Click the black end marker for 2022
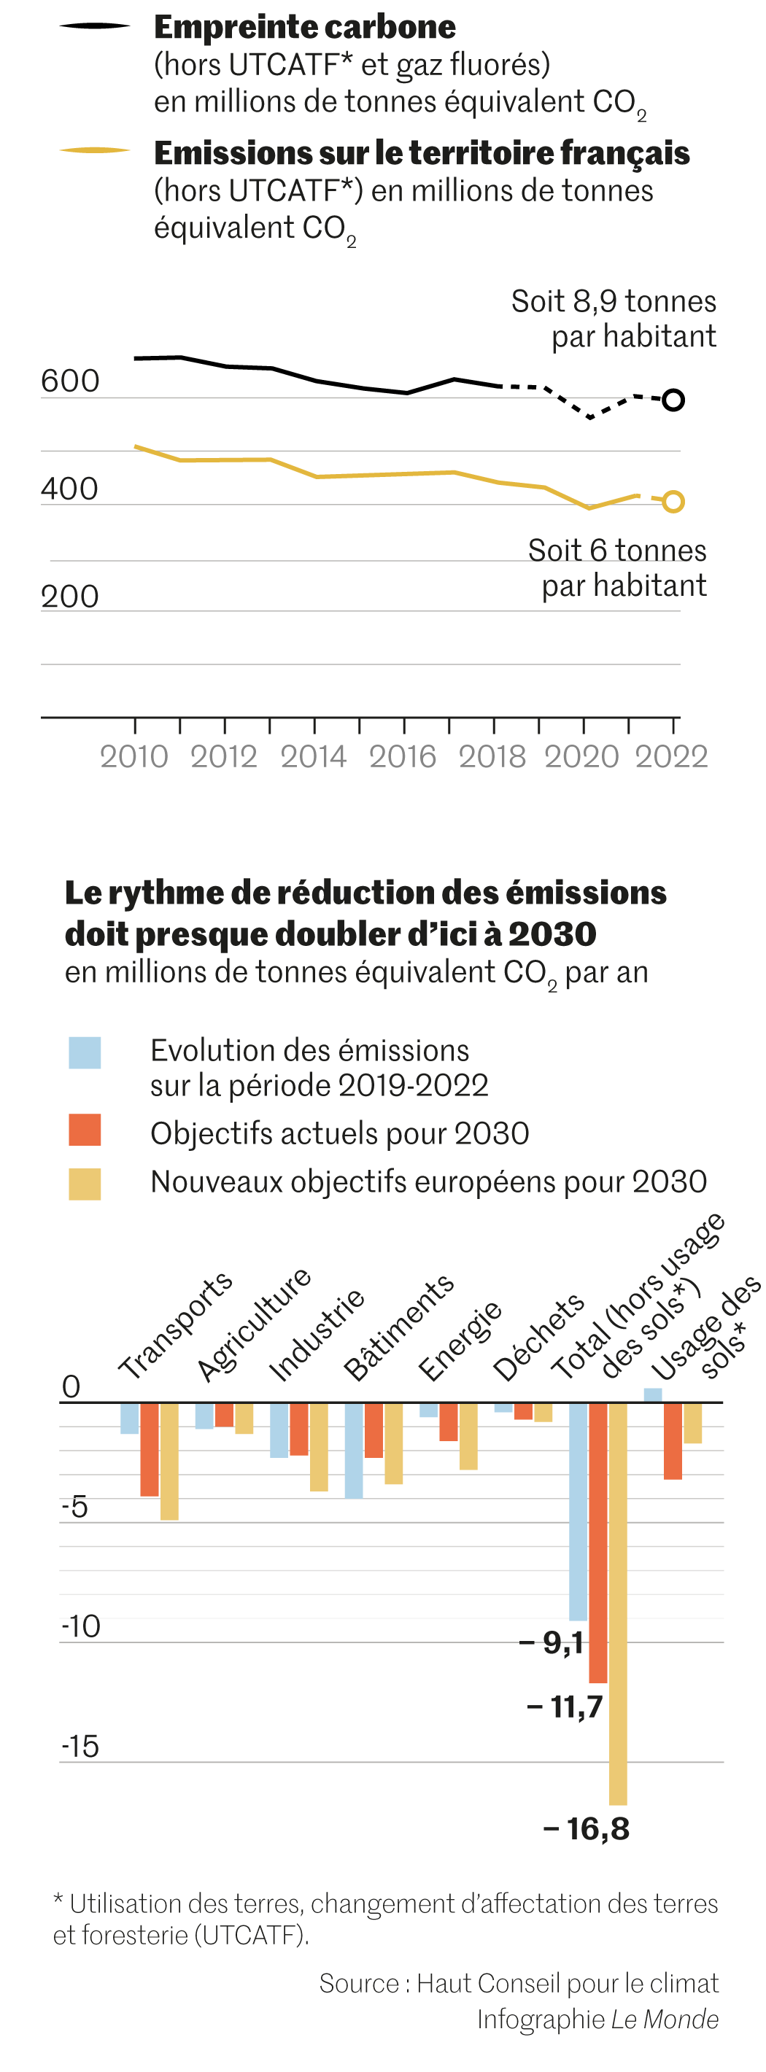click(x=673, y=400)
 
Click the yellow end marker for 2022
click(x=673, y=502)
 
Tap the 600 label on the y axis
click(x=70, y=381)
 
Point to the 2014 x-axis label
click(x=313, y=757)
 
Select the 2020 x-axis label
click(x=581, y=757)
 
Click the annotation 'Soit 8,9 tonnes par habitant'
click(x=614, y=319)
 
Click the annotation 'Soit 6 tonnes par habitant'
click(x=618, y=568)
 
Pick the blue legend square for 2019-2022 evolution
click(x=85, y=1053)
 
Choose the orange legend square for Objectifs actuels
click(x=85, y=1130)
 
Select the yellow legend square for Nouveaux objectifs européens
click(x=85, y=1184)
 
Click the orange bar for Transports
click(x=150, y=1449)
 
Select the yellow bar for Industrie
click(x=319, y=1447)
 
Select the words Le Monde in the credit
click(x=665, y=2019)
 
